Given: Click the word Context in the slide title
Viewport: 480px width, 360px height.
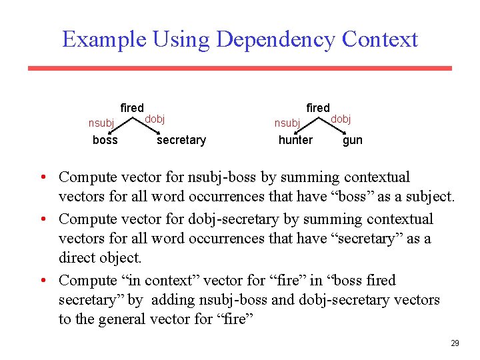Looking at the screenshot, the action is tap(379, 39).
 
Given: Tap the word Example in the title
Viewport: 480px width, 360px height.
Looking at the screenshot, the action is tap(103, 39).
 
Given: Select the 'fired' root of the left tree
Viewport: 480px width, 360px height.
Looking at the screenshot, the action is tap(132, 108).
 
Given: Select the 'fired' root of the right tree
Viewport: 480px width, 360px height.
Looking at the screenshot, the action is tap(318, 108).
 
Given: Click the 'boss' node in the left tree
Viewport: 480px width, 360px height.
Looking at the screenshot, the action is tap(105, 140).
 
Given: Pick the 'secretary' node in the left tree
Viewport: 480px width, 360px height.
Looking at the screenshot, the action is tap(181, 140).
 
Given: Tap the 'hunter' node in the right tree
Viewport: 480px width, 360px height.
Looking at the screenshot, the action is tap(295, 140).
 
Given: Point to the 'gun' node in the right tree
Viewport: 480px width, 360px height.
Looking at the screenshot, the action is tap(353, 140).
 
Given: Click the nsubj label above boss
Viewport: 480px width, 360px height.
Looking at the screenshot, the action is tap(101, 123).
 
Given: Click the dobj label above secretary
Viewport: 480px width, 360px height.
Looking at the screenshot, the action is tap(155, 119).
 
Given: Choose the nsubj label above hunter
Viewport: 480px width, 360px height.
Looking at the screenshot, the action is tap(287, 123).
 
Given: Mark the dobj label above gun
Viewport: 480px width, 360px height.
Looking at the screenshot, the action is tap(341, 119).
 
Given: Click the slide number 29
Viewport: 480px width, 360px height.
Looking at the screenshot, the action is tap(455, 343).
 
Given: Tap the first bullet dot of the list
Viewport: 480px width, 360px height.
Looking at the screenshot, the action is tap(42, 178).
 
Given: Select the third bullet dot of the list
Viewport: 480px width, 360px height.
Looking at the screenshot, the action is tap(42, 281).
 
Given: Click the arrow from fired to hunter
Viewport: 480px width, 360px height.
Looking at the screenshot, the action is tap(307, 123).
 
